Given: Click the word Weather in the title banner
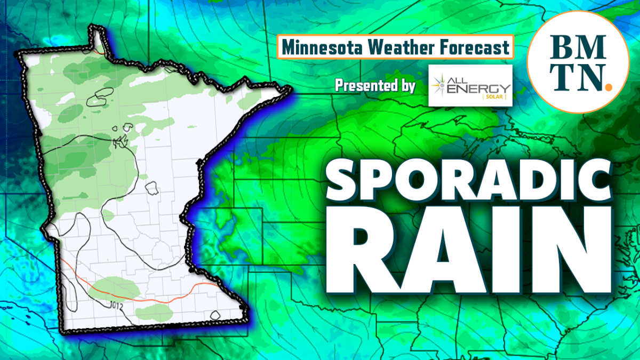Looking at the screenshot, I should [390, 48].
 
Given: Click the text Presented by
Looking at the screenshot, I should [375, 85].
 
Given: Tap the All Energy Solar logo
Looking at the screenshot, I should [470, 85].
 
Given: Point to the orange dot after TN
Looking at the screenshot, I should [608, 84].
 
